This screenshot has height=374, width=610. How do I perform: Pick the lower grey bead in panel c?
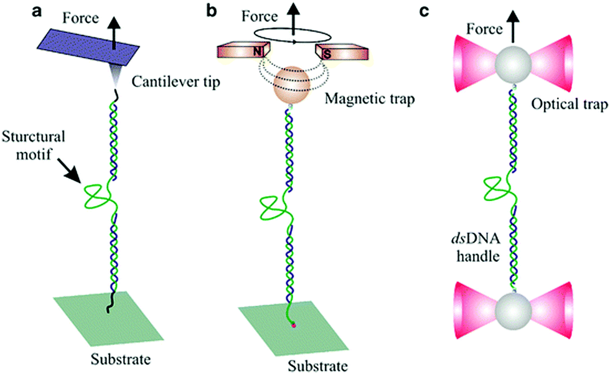(514, 310)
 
